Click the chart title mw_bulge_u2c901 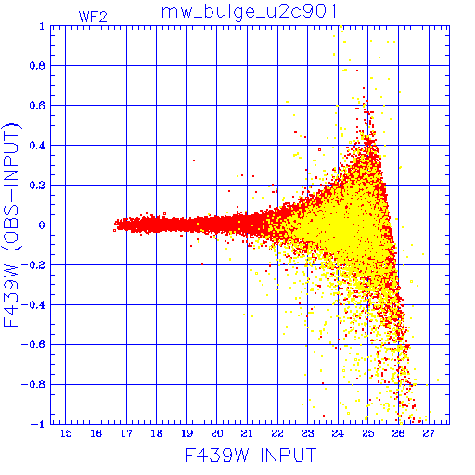click(x=249, y=13)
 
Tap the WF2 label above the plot click(x=93, y=17)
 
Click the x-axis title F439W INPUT click(x=250, y=455)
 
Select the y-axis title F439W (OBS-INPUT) click(x=11, y=225)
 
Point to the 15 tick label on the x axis click(x=66, y=433)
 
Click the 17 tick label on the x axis click(x=126, y=433)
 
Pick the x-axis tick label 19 click(x=186, y=433)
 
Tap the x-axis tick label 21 click(x=247, y=433)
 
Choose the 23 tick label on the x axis click(x=307, y=433)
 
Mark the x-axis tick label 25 click(x=368, y=433)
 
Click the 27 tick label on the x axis click(x=429, y=433)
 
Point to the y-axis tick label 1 click(x=42, y=26)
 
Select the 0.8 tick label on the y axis click(x=37, y=66)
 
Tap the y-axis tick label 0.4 click(x=37, y=146)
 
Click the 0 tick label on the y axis click(x=42, y=225)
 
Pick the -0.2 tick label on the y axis click(x=33, y=265)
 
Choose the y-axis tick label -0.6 click(x=33, y=344)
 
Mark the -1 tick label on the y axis click(x=38, y=424)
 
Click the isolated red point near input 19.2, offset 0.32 click(x=194, y=160)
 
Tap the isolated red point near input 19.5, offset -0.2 click(x=202, y=264)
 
